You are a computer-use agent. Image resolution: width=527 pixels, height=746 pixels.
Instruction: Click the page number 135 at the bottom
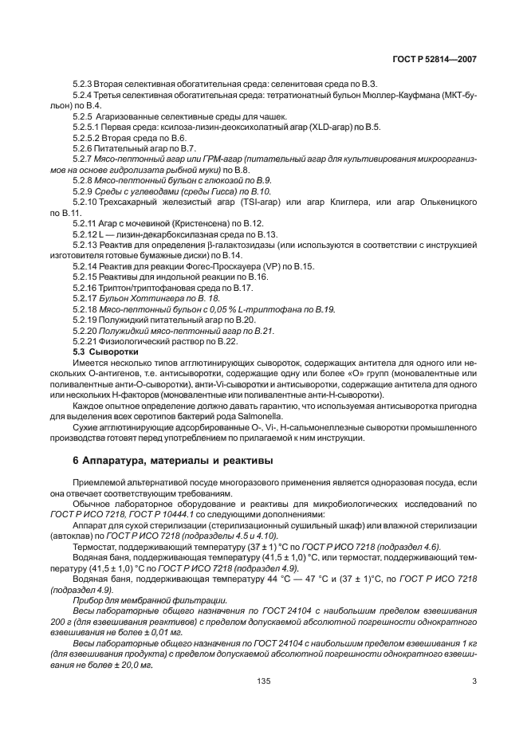264,681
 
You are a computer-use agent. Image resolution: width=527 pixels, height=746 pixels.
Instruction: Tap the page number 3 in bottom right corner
474,681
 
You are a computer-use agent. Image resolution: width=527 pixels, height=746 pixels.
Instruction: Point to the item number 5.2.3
83,84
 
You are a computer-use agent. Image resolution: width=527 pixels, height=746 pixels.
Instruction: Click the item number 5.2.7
83,159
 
